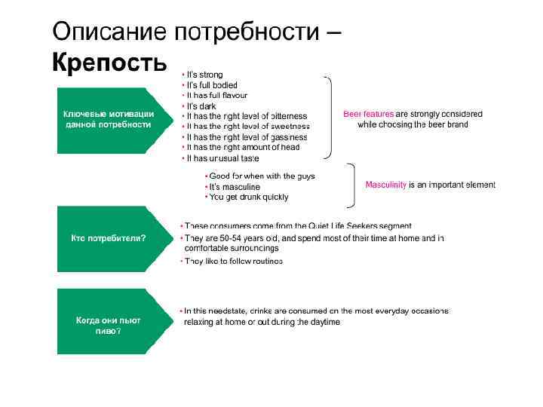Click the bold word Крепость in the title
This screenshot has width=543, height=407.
coord(109,62)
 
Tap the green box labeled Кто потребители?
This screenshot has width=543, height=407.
coord(109,238)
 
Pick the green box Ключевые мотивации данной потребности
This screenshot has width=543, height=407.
coord(109,119)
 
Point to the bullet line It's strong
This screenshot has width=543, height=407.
coord(204,75)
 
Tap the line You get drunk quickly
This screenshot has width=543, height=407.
coord(249,197)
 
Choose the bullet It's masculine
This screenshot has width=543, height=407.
coord(235,187)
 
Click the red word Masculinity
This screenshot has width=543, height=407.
coord(385,185)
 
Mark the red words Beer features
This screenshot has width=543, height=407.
coord(368,114)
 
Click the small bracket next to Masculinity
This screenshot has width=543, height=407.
coord(351,185)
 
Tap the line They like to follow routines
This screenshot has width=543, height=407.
coord(234,261)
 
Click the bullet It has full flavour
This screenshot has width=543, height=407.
coord(216,96)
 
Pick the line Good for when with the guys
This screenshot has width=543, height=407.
coord(262,176)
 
